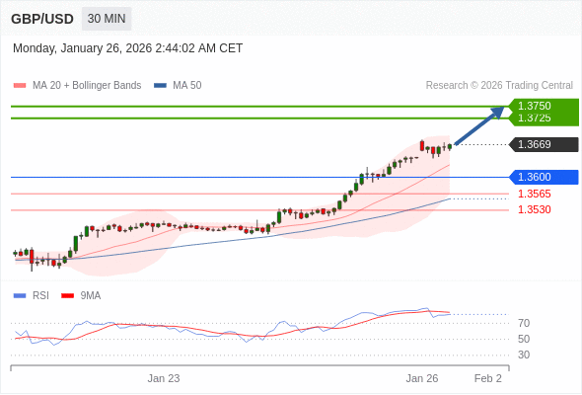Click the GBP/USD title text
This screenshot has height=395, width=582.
(41, 19)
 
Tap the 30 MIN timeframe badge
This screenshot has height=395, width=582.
(105, 19)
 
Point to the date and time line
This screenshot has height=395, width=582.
(127, 48)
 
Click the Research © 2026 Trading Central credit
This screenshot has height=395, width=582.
(499, 86)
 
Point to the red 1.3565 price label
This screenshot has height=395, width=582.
(535, 194)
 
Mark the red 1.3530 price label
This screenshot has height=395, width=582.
(535, 209)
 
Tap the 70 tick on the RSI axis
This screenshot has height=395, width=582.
(524, 323)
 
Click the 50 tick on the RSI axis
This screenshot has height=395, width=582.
(524, 339)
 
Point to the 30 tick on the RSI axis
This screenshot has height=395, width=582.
(524, 355)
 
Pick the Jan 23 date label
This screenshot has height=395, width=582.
(164, 378)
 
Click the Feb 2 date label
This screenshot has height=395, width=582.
(487, 378)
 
